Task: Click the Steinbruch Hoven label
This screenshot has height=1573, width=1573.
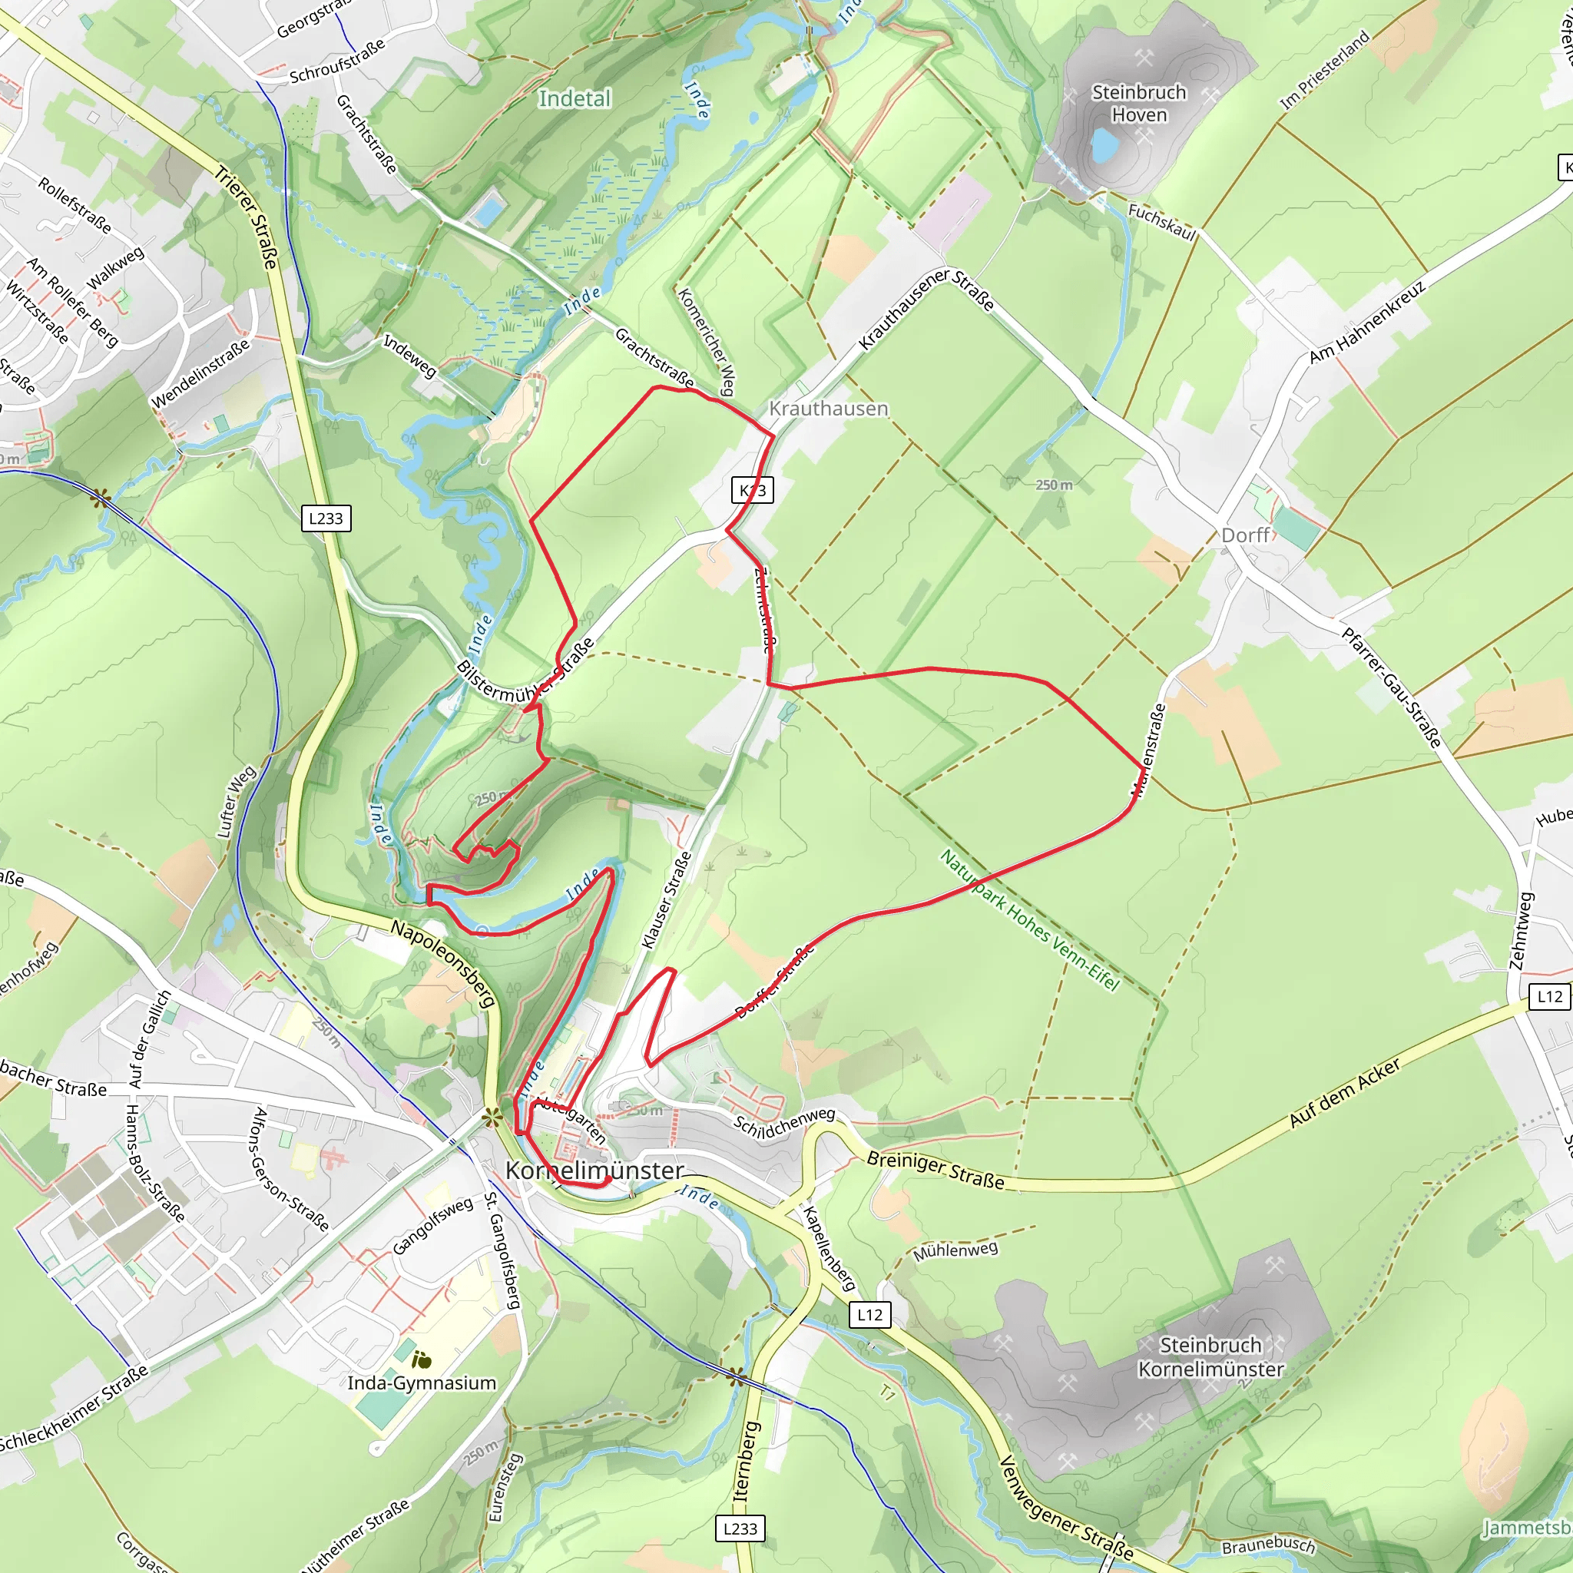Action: [1139, 104]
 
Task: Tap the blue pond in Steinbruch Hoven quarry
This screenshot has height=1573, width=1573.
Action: [1103, 145]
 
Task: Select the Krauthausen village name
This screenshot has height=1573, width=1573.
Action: [828, 409]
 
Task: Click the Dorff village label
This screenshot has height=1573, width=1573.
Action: [1245, 535]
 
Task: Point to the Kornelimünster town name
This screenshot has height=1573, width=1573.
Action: [594, 1171]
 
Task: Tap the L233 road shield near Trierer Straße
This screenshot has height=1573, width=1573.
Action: [326, 518]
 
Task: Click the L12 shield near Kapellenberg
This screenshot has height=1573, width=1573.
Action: [869, 1314]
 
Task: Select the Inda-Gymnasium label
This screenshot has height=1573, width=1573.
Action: [421, 1383]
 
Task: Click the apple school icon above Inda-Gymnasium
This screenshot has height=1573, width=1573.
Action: [421, 1359]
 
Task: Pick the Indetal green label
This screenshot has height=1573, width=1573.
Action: [574, 98]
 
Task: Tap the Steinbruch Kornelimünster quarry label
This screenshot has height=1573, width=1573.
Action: [1210, 1356]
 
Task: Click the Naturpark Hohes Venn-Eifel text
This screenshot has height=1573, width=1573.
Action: [1029, 920]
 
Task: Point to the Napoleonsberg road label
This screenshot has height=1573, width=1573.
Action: [444, 964]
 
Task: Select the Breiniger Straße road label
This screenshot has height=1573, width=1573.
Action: [935, 1169]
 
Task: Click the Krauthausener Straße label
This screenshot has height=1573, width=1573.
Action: [926, 309]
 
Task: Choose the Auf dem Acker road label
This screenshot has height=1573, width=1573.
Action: [1344, 1093]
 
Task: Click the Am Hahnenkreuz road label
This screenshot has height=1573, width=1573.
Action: [1367, 323]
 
